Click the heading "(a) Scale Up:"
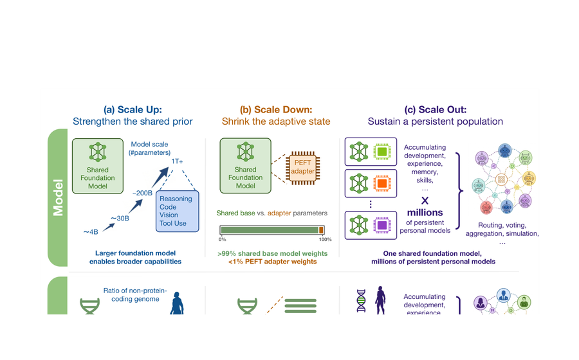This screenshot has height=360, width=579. pos(133,109)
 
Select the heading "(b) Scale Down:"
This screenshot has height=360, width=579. pos(276,109)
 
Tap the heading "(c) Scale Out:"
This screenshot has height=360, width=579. pos(436,109)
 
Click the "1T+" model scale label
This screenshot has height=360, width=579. pos(177,161)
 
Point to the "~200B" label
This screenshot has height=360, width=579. pos(142,193)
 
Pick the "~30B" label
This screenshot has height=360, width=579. pos(120,219)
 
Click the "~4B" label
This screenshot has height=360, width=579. pos(91,232)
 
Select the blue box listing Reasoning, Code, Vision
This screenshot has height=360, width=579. pos(178,211)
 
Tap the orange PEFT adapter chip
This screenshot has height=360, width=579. pos(303,168)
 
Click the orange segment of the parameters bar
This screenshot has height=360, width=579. pos(321,230)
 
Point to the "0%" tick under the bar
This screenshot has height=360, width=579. pos(223,240)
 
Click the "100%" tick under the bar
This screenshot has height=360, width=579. pos(326,240)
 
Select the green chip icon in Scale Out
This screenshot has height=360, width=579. pos(382,152)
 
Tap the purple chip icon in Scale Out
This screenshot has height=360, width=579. pos(382,225)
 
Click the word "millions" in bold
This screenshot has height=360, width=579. pos(425,212)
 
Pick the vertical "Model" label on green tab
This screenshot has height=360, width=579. pos(58,198)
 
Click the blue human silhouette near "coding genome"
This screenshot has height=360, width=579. pos(177,303)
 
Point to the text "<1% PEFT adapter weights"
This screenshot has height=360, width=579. pos(273,262)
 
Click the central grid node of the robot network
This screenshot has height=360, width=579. pos(501,179)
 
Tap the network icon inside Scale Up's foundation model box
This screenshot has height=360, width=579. pos(98,152)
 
